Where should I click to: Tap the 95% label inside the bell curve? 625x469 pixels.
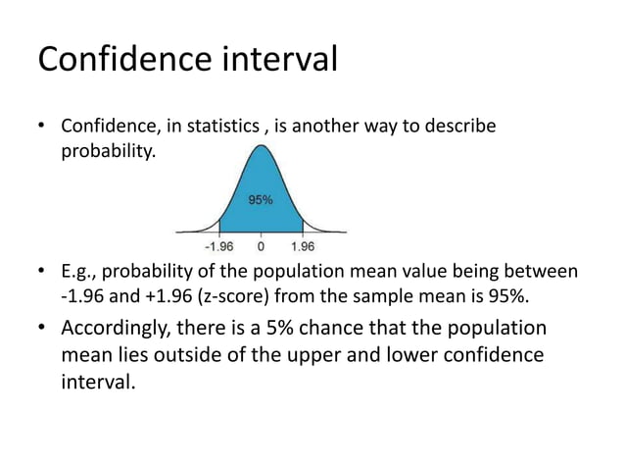pos(261,199)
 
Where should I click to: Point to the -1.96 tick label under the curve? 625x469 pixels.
pos(217,246)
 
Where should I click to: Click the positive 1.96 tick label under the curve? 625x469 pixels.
pos(303,246)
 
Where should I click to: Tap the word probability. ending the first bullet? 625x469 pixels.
pos(108,153)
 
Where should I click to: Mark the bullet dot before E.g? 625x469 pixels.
pos(42,271)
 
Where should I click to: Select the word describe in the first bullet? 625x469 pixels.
pos(464,129)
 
